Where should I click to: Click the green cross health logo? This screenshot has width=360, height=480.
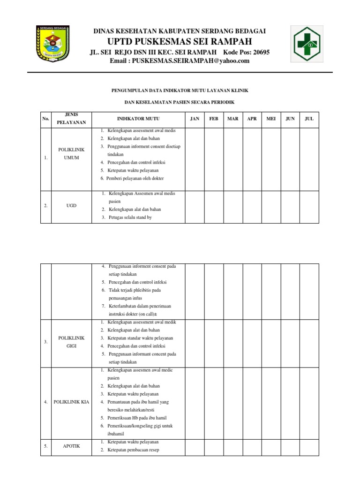coord(307,44)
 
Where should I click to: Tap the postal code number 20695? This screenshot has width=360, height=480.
coord(259,52)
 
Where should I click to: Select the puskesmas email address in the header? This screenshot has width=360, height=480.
coord(179,61)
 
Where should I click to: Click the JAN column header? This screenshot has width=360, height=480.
coord(195,119)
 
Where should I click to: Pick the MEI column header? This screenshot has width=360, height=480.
coord(271,119)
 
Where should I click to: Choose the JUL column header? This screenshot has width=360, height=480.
coord(309,119)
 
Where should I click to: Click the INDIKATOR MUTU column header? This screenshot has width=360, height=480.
coord(138,119)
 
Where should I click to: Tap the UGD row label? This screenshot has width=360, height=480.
coord(71,205)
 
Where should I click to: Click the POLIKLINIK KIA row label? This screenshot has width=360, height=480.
coord(71,402)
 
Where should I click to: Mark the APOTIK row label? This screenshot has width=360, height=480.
coord(71,446)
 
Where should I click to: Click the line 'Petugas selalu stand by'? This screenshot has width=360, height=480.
coord(130,217)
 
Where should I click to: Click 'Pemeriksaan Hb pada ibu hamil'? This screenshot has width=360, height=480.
coord(137,418)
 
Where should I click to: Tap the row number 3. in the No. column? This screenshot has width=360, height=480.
coord(46,342)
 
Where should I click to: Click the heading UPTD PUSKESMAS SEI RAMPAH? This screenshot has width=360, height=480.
coord(180,41)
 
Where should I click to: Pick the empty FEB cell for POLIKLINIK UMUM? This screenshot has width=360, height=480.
coord(214,159)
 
